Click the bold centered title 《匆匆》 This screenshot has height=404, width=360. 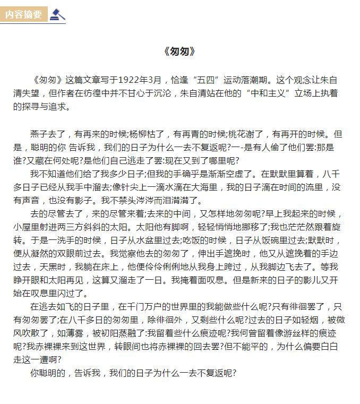tap(180, 51)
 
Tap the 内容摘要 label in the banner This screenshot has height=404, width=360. tap(23, 14)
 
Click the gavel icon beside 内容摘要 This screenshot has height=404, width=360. tap(56, 14)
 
